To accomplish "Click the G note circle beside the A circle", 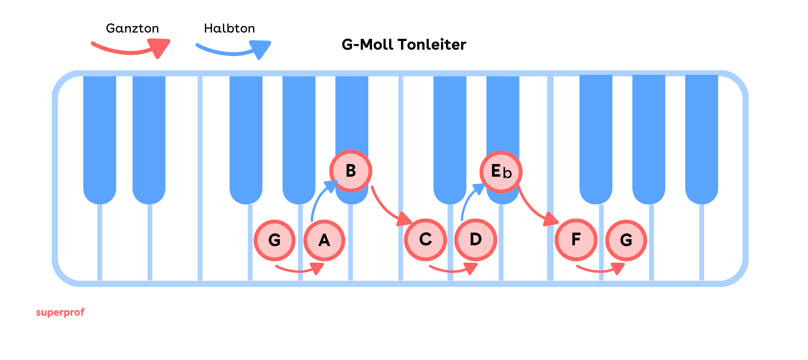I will (x=275, y=240).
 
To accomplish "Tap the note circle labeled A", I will (x=324, y=240).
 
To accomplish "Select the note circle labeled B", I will (x=350, y=171).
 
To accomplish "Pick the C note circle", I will (x=425, y=240).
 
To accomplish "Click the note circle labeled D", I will (x=476, y=240).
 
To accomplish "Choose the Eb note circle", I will (x=501, y=172).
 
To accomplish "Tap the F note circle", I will (x=576, y=240).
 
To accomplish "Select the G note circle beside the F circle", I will (x=626, y=240).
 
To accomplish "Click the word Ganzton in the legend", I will (x=132, y=28).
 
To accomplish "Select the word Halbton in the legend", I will (x=229, y=28).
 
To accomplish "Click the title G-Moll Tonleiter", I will (x=404, y=45).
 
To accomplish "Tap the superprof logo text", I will (x=60, y=312).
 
